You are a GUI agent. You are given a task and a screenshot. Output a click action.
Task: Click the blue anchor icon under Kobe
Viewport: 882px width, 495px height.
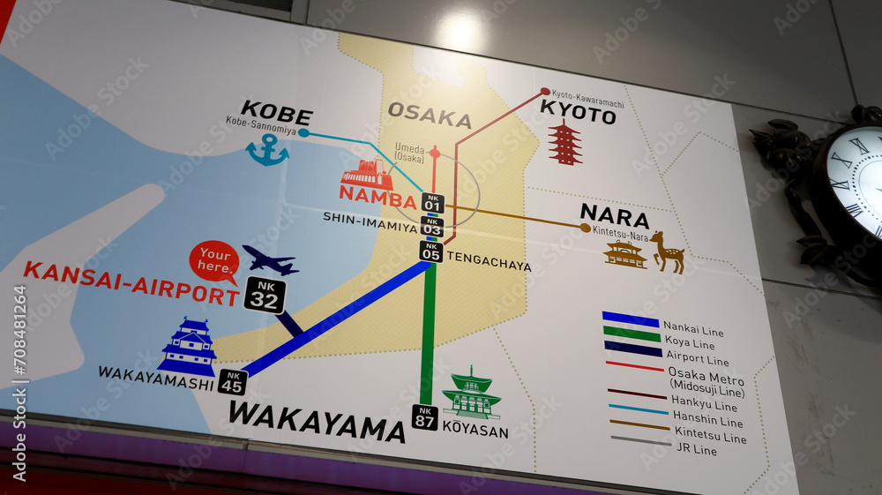click(267, 151)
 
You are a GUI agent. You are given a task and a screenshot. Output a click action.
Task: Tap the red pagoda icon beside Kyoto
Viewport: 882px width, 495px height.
click(564, 144)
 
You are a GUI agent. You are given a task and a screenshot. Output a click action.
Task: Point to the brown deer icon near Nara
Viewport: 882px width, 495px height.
click(669, 252)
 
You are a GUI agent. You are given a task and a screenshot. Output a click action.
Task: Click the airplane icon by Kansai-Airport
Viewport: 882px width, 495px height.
click(270, 260)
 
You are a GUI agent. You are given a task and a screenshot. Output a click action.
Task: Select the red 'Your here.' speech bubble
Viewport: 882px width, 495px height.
click(214, 260)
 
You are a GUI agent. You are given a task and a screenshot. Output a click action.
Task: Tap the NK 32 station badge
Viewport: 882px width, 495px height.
click(265, 295)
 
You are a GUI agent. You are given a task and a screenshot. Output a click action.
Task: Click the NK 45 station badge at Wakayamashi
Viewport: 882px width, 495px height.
click(233, 382)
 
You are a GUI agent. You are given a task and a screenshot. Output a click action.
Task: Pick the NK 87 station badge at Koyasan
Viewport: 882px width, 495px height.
click(424, 416)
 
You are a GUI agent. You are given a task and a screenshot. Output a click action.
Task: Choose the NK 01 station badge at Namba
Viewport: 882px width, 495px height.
click(431, 203)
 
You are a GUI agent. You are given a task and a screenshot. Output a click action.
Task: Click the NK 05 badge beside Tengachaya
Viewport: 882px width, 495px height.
click(430, 251)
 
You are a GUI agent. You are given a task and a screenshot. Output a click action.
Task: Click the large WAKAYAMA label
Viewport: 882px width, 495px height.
click(317, 421)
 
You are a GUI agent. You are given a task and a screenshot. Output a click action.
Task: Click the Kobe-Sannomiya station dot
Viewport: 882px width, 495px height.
click(303, 132)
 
